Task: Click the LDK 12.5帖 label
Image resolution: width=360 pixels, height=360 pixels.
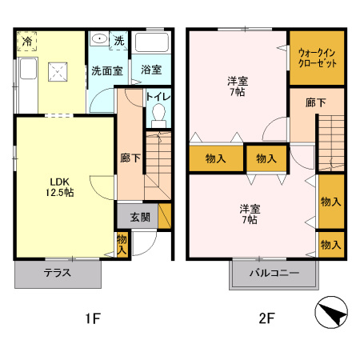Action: [x=60, y=186]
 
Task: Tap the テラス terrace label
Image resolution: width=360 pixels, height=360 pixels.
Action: [x=58, y=272]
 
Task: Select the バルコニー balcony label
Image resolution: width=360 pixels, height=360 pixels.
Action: [x=273, y=273]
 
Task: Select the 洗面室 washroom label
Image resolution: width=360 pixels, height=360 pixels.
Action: [x=106, y=70]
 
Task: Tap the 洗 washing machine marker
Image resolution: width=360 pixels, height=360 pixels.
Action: [x=118, y=40]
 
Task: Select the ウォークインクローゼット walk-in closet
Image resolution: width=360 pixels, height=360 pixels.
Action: [x=317, y=58]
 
